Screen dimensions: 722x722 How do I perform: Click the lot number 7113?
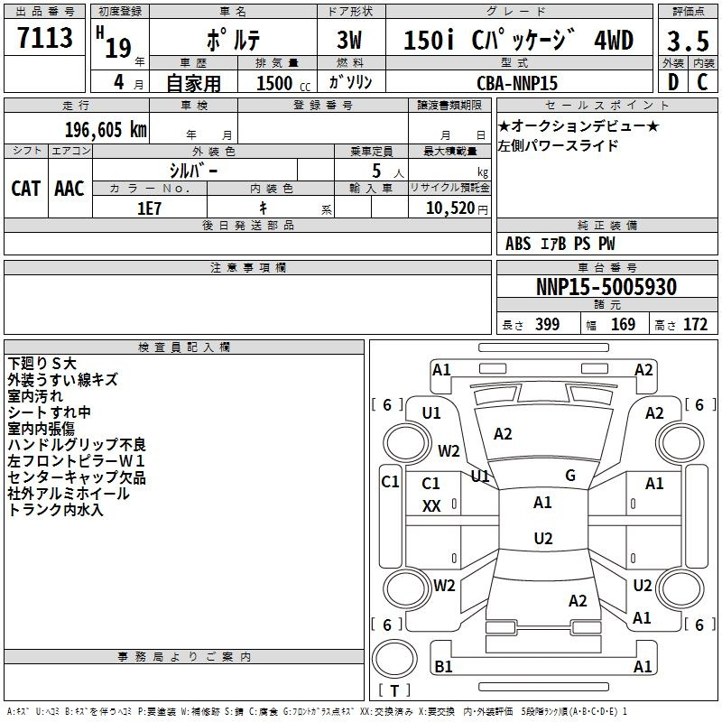45,37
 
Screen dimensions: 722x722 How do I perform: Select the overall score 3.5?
688,41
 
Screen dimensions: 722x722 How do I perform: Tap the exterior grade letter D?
673,82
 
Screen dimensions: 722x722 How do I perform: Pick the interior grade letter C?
703,82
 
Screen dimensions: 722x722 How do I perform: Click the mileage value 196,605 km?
106,130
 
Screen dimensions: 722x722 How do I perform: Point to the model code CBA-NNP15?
517,83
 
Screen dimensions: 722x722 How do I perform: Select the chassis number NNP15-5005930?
606,287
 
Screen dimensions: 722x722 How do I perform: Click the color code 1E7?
149,208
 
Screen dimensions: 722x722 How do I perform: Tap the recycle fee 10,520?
450,208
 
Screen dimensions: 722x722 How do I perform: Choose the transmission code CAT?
26,189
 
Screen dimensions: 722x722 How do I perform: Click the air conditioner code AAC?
69,189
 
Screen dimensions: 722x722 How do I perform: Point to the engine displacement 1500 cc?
283,83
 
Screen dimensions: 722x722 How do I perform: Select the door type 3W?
349,40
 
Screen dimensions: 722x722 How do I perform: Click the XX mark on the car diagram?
431,506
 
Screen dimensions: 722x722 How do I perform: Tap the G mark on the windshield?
570,476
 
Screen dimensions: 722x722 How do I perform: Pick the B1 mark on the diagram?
443,666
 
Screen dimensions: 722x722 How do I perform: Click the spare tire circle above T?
394,659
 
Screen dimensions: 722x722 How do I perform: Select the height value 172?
695,324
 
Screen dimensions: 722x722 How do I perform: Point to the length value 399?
548,324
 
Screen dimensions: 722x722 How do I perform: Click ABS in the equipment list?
518,244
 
